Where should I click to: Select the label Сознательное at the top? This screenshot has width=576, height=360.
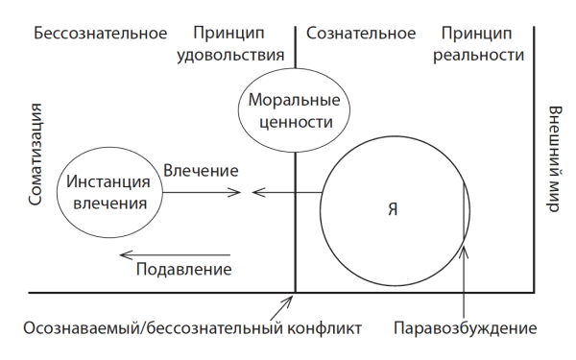pos(360,33)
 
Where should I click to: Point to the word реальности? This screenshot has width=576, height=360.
pos(479,54)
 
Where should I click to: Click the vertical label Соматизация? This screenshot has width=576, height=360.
pos(37,159)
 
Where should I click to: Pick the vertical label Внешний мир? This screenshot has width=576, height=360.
pos(555,159)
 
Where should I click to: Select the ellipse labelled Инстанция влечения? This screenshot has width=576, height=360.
pos(108,191)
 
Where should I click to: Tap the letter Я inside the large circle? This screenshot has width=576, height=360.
pos(391,208)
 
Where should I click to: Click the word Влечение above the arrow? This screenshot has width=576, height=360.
pos(201,171)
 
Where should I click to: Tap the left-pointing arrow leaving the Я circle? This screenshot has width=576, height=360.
pos(286,192)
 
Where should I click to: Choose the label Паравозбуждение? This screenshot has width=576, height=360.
pos(465,328)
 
